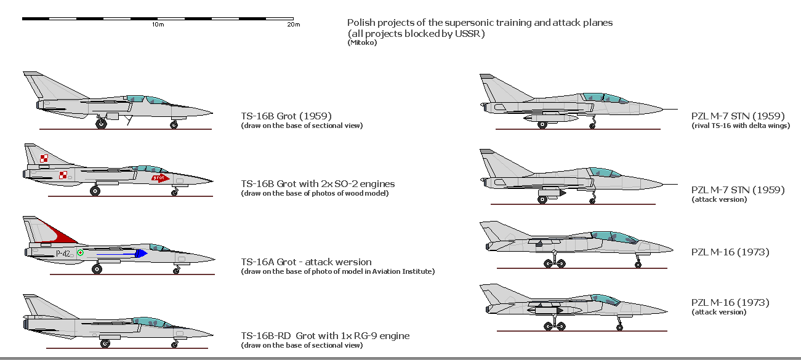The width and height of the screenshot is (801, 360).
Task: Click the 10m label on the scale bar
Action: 158,25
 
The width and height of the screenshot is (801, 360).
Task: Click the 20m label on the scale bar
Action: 294,25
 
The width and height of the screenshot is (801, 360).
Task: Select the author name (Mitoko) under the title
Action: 361,42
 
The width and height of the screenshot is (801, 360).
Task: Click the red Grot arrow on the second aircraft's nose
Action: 159,178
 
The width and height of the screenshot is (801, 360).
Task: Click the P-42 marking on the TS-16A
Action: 63,254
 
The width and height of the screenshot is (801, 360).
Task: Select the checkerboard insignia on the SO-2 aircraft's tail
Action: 44,159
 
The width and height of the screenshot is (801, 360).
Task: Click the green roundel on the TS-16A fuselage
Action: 80,253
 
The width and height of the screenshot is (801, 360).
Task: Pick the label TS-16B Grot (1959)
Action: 286,116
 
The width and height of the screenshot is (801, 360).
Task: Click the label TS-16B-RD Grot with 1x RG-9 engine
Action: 324,335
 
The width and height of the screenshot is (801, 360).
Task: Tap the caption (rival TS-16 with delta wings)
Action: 741,126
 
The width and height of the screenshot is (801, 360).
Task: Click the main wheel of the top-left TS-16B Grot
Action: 101,124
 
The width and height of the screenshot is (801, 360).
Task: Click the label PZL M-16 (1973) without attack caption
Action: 730,252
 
